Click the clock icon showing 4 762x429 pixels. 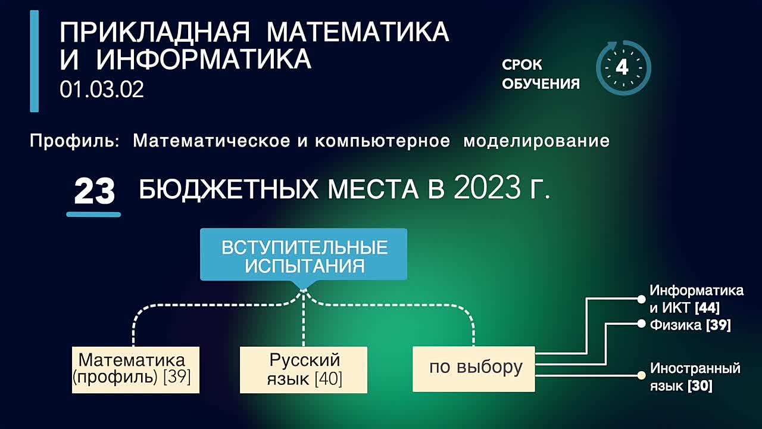tap(623, 68)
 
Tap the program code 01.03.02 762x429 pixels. tap(102, 90)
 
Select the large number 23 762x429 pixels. tap(94, 192)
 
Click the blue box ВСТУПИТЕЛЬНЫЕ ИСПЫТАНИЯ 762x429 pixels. tap(304, 255)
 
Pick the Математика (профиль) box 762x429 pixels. tap(135, 369)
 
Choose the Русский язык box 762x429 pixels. tap(304, 369)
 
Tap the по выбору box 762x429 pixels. tap(474, 368)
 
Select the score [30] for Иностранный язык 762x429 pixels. tap(699, 386)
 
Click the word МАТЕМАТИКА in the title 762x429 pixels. tap(358, 32)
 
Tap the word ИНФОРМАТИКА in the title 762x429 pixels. tap(204, 60)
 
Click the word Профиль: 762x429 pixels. tap(75, 141)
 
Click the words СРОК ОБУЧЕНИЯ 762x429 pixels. tap(540, 74)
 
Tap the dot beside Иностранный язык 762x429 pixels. tap(641, 375)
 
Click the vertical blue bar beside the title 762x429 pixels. tap(35, 61)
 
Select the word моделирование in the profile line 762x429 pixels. tap(536, 141)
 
